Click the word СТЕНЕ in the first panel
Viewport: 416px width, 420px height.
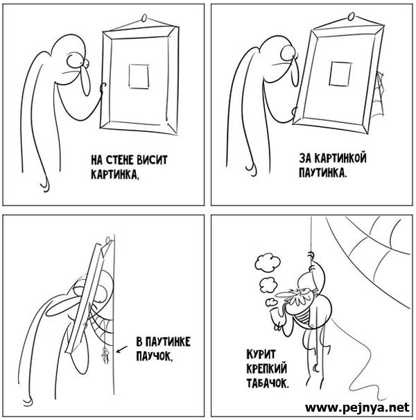tap(119, 160)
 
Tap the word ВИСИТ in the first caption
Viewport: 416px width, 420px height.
tap(152, 160)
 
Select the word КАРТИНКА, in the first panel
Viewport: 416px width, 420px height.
tap(115, 175)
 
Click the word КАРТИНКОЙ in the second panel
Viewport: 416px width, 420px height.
tap(340, 158)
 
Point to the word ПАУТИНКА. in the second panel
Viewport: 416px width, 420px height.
tap(322, 172)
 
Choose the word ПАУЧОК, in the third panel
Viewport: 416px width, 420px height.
tap(154, 356)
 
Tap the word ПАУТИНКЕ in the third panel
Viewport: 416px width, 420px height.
tap(163, 342)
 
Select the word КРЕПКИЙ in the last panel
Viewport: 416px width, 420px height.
tap(266, 369)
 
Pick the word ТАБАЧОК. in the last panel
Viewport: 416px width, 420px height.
tap(268, 383)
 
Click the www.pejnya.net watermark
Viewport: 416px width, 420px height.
tap(357, 407)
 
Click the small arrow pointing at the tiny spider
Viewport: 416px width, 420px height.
tap(122, 349)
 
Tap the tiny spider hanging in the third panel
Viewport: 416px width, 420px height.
tap(105, 355)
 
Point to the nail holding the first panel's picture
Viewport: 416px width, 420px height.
tap(144, 18)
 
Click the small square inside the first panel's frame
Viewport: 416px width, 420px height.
tap(139, 76)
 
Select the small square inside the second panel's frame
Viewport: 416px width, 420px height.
tap(340, 74)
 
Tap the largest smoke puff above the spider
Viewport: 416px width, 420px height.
tap(268, 263)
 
